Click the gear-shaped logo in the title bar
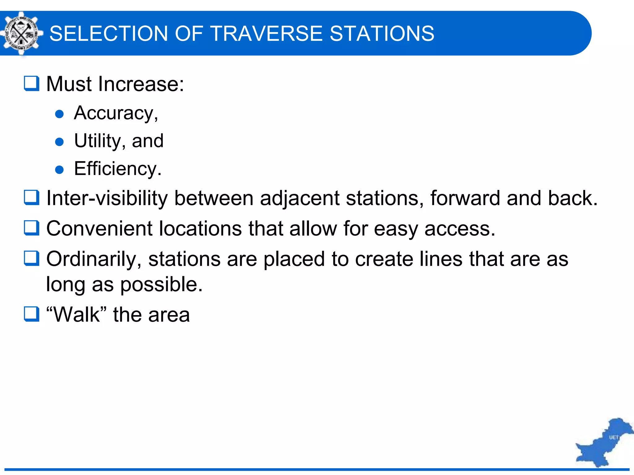[x=21, y=33]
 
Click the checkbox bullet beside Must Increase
[x=32, y=83]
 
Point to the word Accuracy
[x=115, y=113]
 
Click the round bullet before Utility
[x=59, y=142]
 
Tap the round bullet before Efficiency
[x=59, y=170]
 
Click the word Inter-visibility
[x=107, y=198]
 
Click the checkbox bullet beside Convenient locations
[x=32, y=228]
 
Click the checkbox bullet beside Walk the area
[x=32, y=314]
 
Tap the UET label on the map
[x=614, y=437]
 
